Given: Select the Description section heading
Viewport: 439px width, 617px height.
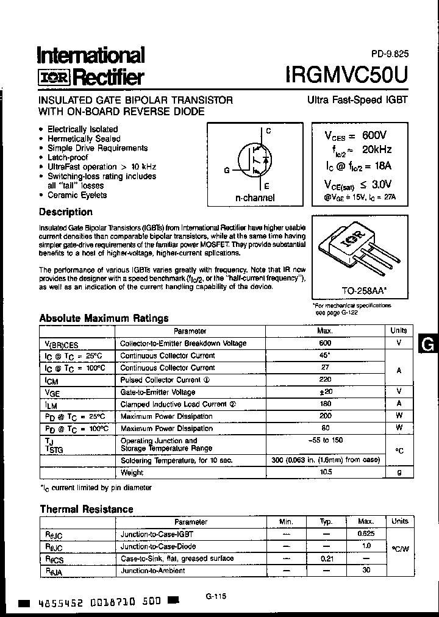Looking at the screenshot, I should pyautogui.click(x=66, y=212).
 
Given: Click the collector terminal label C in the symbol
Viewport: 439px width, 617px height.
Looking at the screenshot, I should pyautogui.click(x=269, y=131).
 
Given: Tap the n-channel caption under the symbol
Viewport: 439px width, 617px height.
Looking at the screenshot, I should pyautogui.click(x=255, y=198).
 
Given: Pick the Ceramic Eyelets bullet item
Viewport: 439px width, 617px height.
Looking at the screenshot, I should pyautogui.click(x=77, y=195).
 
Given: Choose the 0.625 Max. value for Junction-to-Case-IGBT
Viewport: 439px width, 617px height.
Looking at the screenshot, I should pyautogui.click(x=365, y=534).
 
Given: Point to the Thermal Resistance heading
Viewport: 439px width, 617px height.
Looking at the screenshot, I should pyautogui.click(x=86, y=509).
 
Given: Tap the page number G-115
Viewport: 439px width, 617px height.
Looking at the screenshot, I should pyautogui.click(x=212, y=597).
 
